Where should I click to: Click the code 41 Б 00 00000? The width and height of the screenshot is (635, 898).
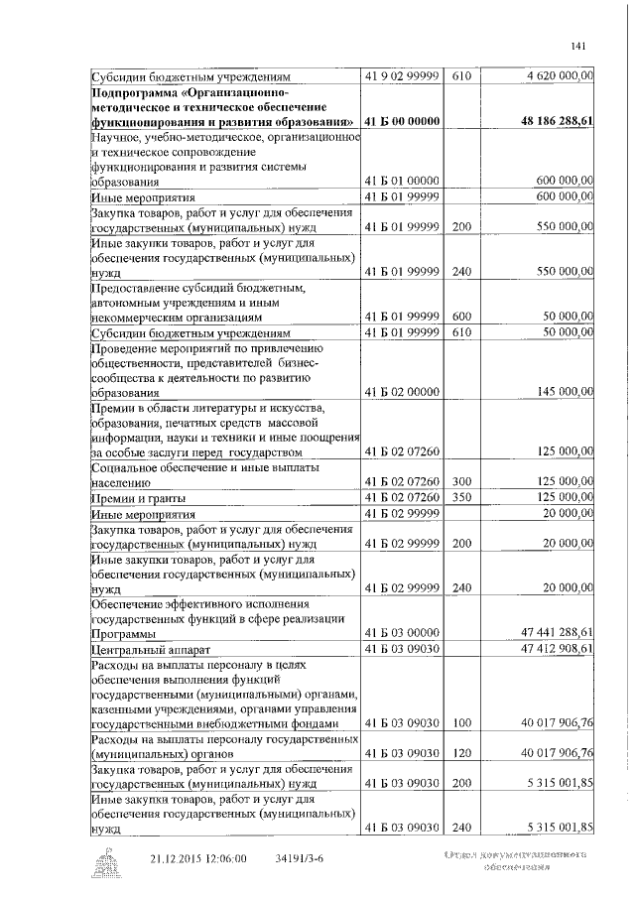[402, 121]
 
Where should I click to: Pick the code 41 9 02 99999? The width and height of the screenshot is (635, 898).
[402, 73]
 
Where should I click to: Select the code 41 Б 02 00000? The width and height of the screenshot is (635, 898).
[402, 392]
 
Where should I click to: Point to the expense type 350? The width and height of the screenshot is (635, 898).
[460, 496]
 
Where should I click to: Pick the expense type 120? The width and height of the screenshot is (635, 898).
[460, 753]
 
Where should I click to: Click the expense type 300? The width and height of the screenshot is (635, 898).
[460, 480]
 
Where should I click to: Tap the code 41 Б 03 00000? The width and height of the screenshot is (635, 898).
[402, 632]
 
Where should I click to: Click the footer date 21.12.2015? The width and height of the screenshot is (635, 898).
[181, 857]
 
